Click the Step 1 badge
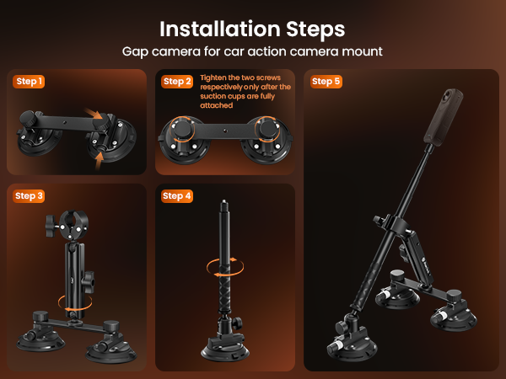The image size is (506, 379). [x=29, y=82]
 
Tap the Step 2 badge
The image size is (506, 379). [x=177, y=82]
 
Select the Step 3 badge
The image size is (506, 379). [x=29, y=196]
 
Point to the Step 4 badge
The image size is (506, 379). [x=177, y=196]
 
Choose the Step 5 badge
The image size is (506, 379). [x=326, y=82]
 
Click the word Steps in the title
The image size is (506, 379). [x=315, y=30]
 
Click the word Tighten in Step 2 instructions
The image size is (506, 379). [x=213, y=78]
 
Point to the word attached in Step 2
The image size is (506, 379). [x=216, y=105]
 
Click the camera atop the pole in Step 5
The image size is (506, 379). [x=443, y=117]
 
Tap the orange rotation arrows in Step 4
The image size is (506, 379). [x=225, y=267]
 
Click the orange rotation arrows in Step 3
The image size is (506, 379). [x=75, y=303]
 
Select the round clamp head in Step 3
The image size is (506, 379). [x=73, y=225]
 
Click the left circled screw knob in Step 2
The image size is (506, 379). [x=183, y=129]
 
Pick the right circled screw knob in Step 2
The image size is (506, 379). [x=268, y=129]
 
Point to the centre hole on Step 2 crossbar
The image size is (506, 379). [x=225, y=131]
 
